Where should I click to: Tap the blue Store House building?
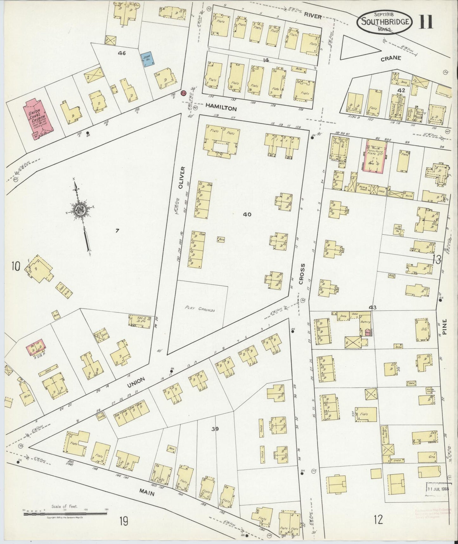pos(147,59)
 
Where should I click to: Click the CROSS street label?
pos(301,274)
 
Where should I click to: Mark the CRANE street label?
pos(391,58)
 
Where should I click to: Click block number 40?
pos(247,215)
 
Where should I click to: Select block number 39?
pos(215,429)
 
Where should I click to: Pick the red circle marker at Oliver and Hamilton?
pos(183,93)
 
